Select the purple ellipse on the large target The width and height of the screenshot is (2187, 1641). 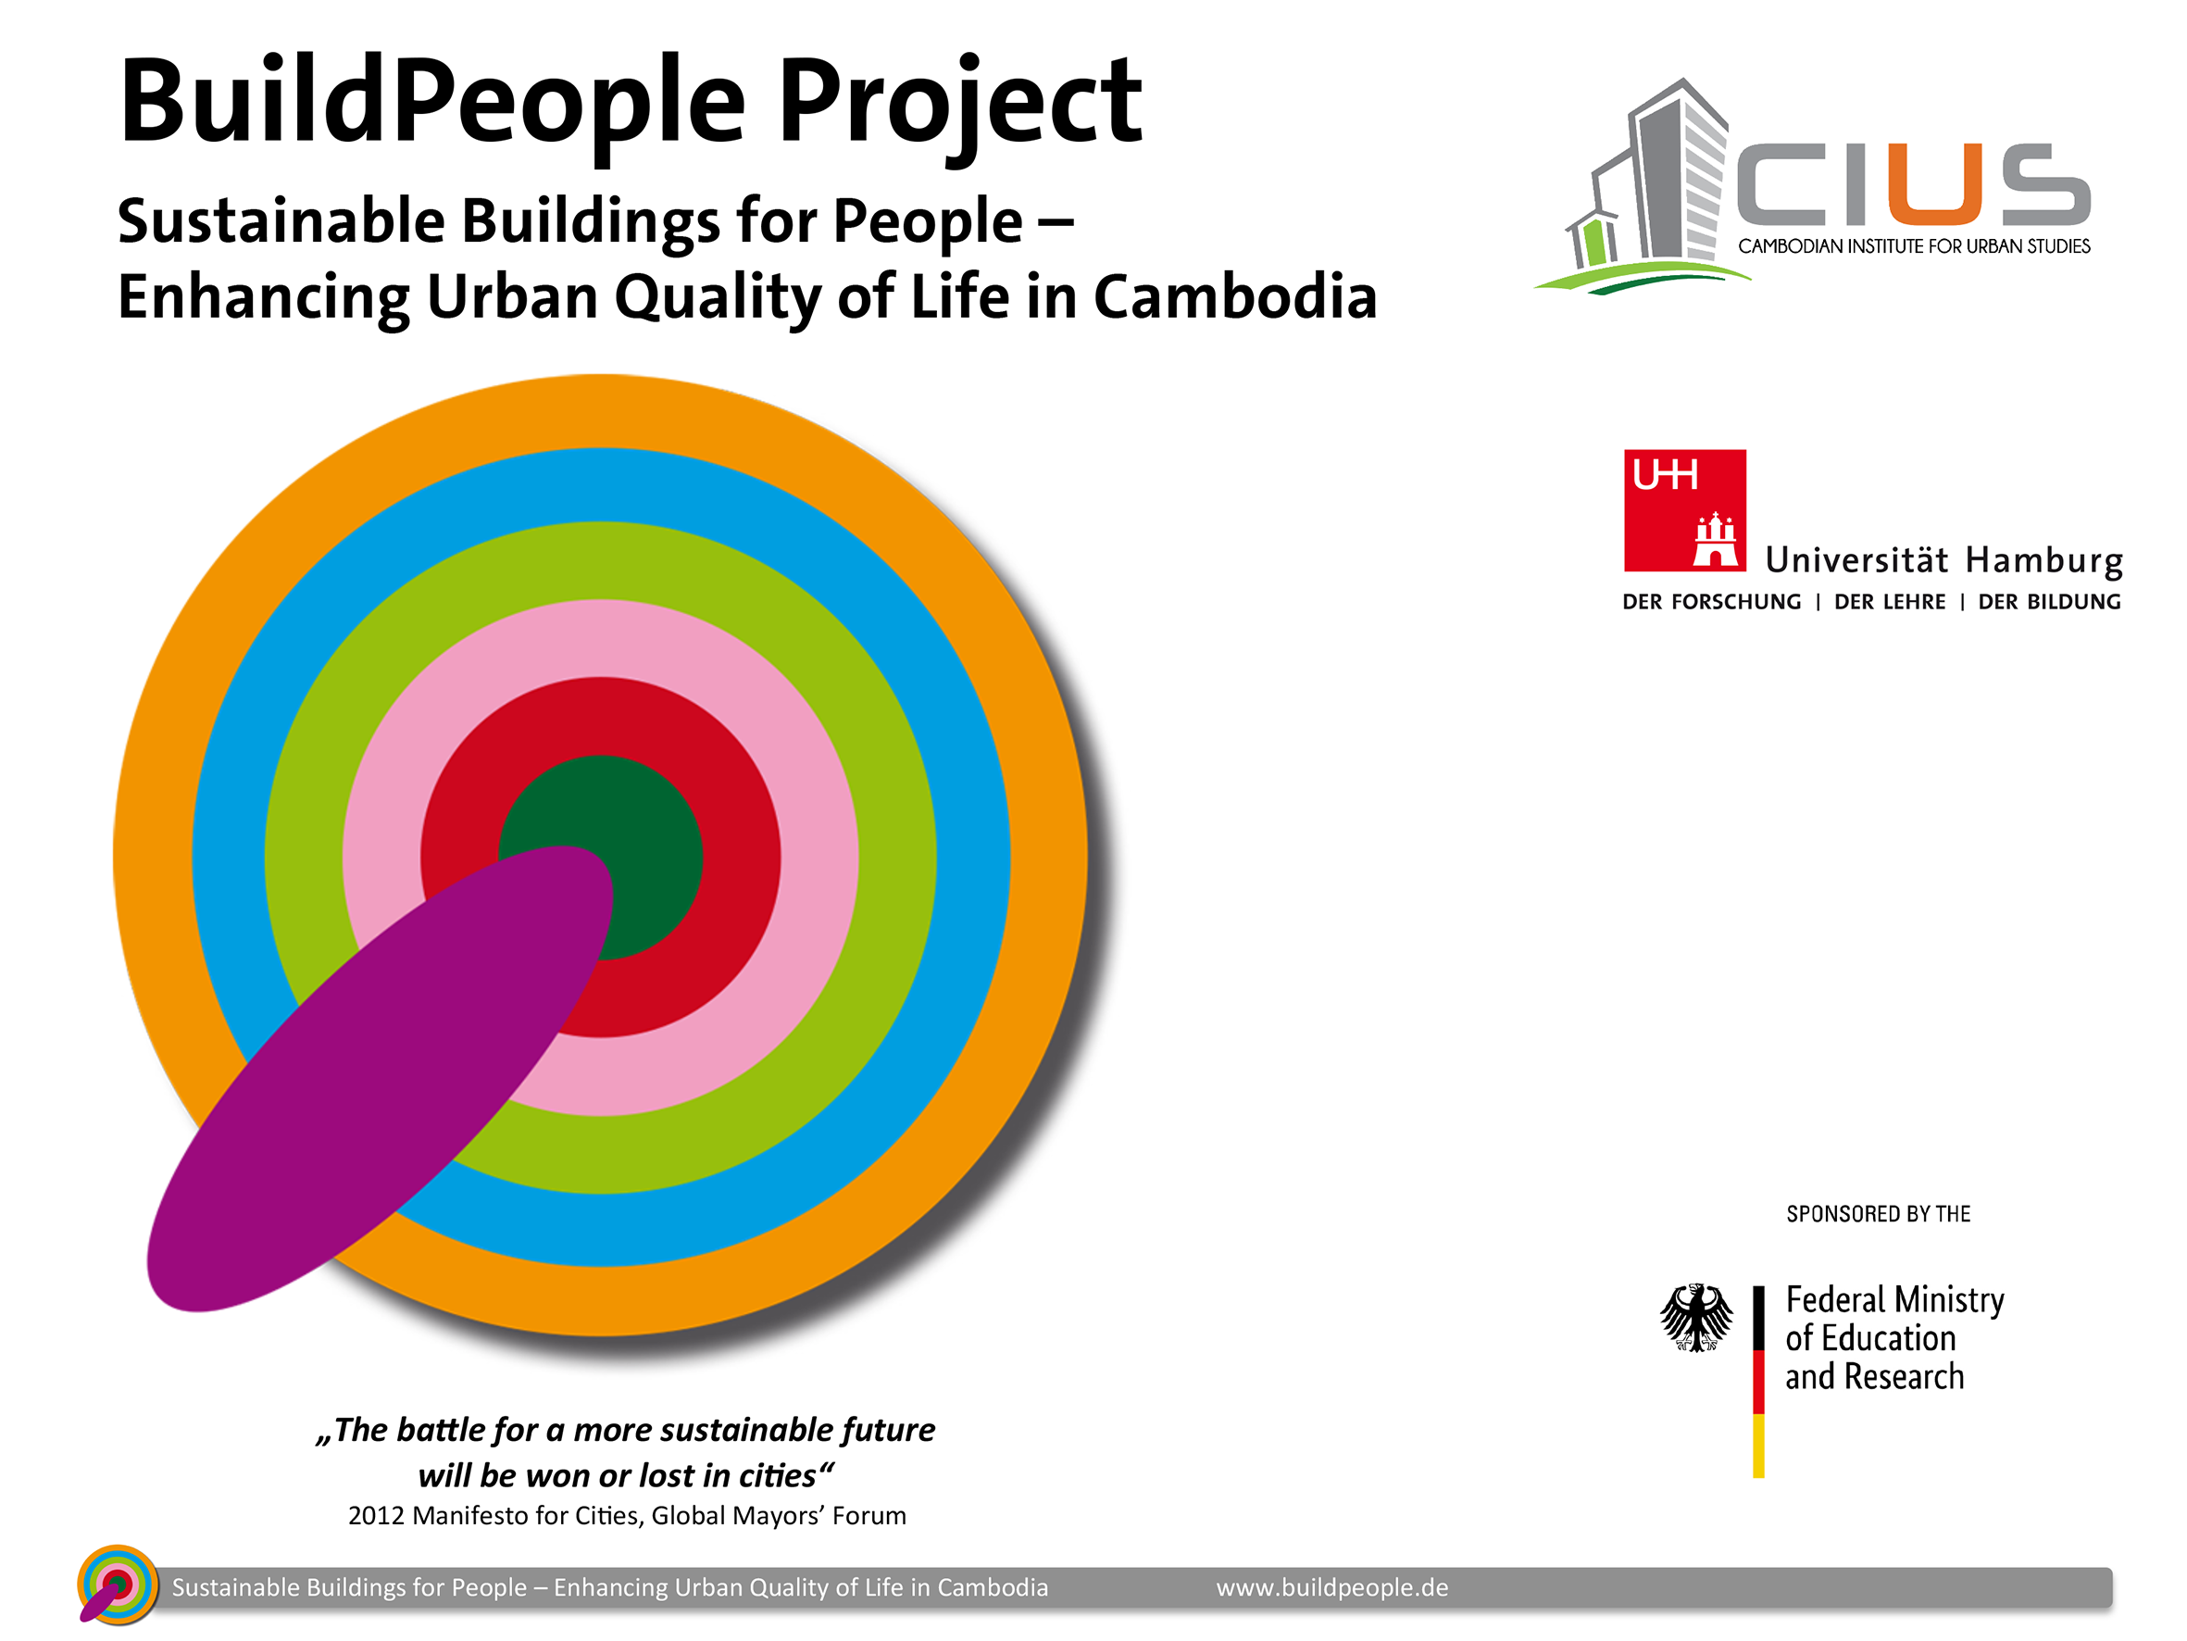click(x=380, y=1078)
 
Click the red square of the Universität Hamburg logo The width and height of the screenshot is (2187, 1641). click(x=1685, y=510)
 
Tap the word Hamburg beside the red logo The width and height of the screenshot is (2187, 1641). click(x=2043, y=561)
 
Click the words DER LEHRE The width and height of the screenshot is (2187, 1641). click(x=1890, y=601)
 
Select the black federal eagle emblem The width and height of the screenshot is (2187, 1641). click(x=1696, y=1318)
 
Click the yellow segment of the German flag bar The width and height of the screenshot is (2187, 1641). click(x=1759, y=1447)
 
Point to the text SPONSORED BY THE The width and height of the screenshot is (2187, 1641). click(x=1879, y=1214)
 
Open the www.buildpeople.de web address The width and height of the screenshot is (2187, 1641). click(x=1331, y=1587)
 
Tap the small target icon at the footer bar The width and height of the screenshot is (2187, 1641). click(x=117, y=1585)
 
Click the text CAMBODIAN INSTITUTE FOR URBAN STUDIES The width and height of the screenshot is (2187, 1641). click(x=1914, y=246)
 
